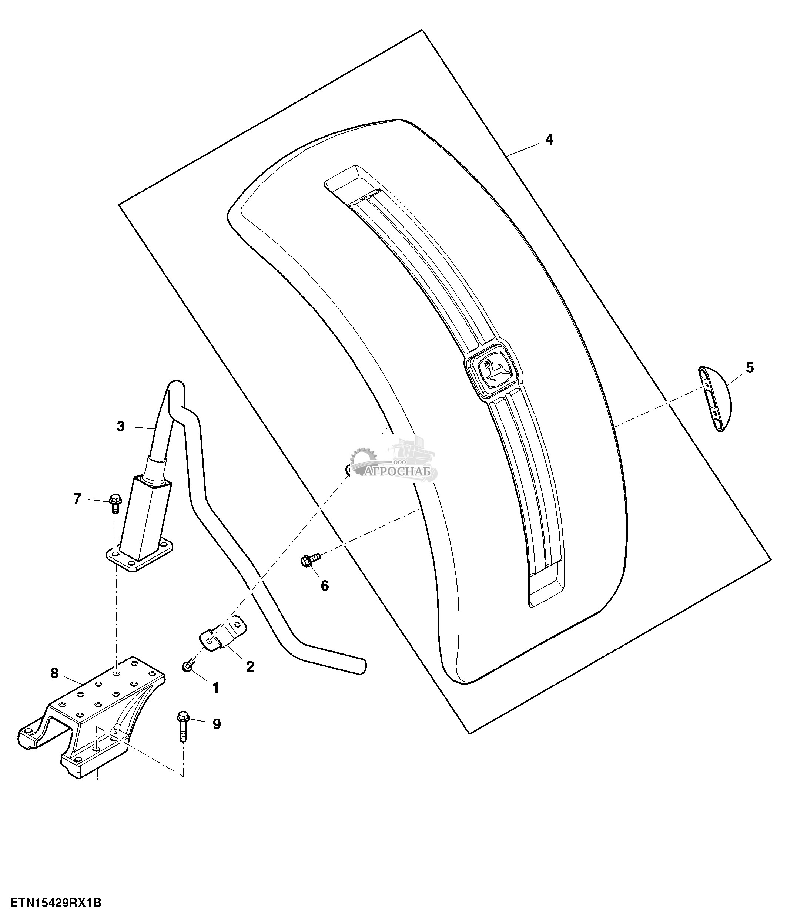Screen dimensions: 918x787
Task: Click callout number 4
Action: [x=549, y=140]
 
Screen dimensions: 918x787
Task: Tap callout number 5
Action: [x=749, y=368]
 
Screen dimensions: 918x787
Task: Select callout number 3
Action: [x=121, y=427]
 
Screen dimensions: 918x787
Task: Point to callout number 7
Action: [x=77, y=499]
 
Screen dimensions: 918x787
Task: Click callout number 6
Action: [x=325, y=586]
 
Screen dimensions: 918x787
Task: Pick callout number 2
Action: [x=250, y=666]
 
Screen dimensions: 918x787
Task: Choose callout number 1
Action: [x=216, y=687]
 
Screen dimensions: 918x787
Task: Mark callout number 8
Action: [x=54, y=673]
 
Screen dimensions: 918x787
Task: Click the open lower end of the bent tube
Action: [x=362, y=678]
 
